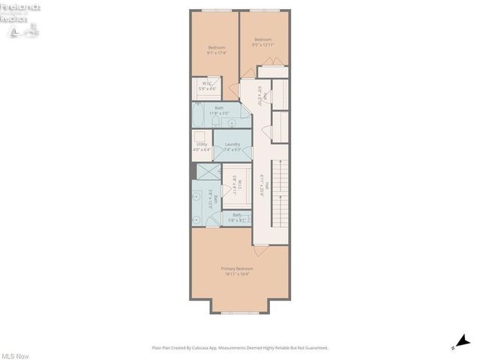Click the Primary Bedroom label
(x=236, y=271)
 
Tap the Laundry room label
(x=232, y=146)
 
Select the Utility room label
(x=202, y=146)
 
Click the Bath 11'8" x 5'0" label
(x=219, y=110)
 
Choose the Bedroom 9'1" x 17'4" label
(x=216, y=50)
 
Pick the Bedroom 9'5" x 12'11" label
(x=262, y=42)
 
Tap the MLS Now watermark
(x=14, y=355)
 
